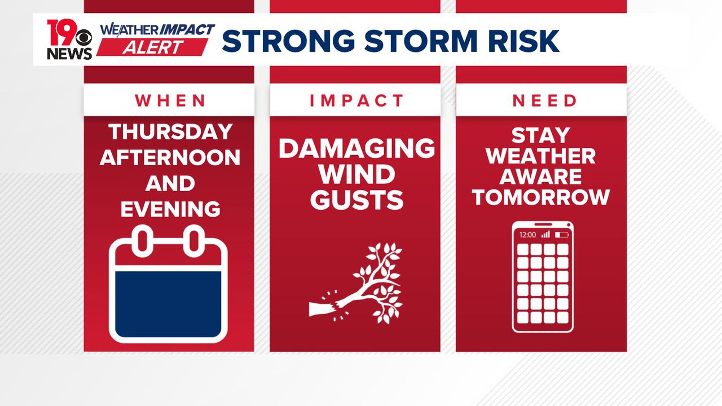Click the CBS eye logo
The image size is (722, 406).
pyautogui.click(x=83, y=38)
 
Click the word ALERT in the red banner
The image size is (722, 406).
pyautogui.click(x=153, y=48)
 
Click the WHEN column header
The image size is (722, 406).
pyautogui.click(x=170, y=100)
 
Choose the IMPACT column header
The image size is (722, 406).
pyautogui.click(x=356, y=100)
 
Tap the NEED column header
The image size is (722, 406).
pyautogui.click(x=544, y=100)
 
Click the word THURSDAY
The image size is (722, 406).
pyautogui.click(x=170, y=132)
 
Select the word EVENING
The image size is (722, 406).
pyautogui.click(x=170, y=209)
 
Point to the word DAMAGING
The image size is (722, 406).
pyautogui.click(x=356, y=148)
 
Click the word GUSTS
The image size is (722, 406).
pyautogui.click(x=356, y=200)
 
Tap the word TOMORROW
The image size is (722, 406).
pyautogui.click(x=541, y=197)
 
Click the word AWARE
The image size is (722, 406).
pyautogui.click(x=541, y=177)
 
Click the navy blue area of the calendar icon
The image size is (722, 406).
pyautogui.click(x=168, y=304)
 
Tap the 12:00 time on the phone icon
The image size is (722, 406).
pyautogui.click(x=527, y=235)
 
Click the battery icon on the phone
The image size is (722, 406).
pyautogui.click(x=561, y=235)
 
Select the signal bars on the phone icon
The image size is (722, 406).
pyautogui.click(x=546, y=235)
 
